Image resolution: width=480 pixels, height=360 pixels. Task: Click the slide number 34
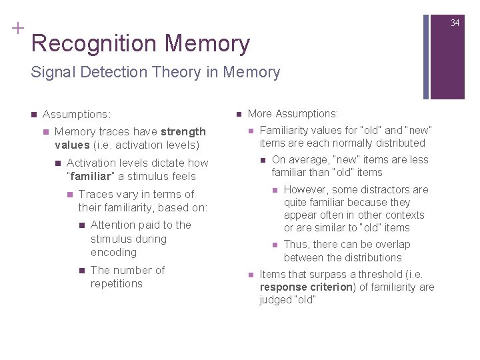coord(455,23)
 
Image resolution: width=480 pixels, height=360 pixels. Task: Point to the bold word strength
coord(183,131)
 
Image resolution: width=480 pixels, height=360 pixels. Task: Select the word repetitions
coord(117,283)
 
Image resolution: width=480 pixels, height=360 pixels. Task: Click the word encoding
coord(113,252)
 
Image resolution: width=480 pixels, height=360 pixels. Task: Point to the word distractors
coord(387,189)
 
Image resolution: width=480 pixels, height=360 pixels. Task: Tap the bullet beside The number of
coord(81,271)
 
